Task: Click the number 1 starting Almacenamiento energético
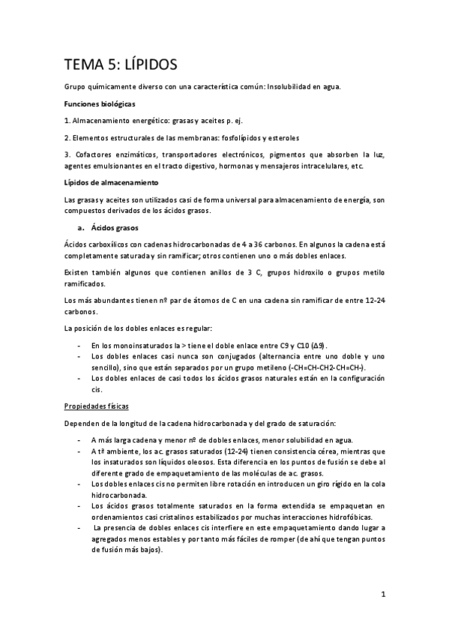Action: click(x=67, y=120)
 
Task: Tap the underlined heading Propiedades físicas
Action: click(x=97, y=406)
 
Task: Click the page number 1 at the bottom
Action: click(x=382, y=596)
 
